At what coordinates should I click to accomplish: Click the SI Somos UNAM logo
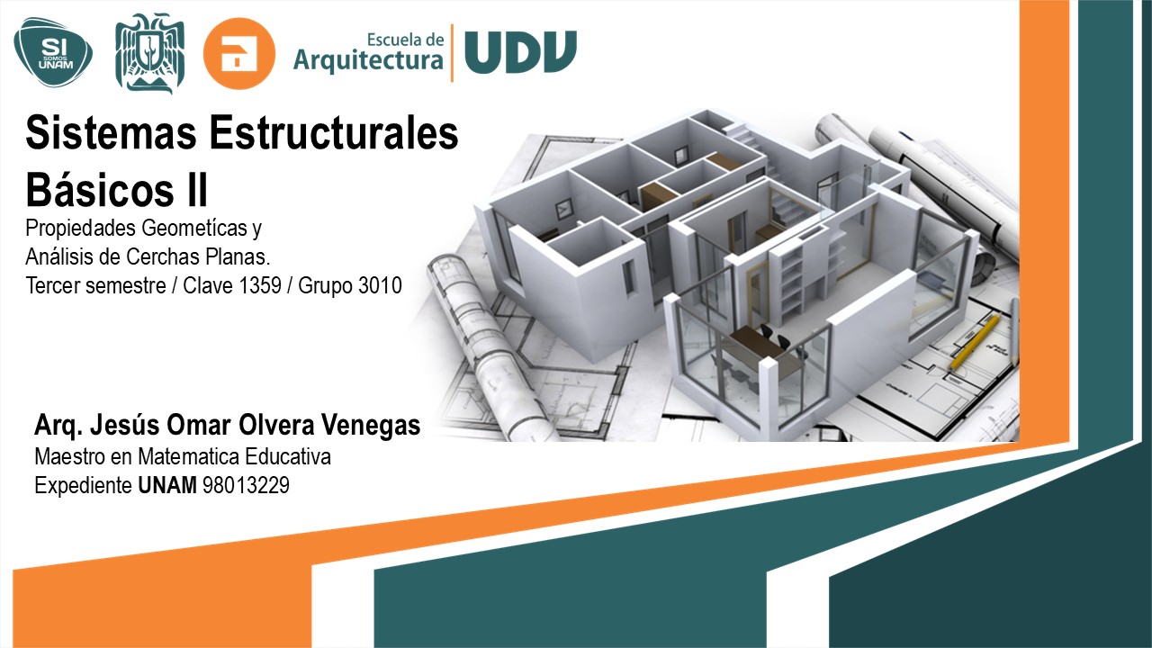pyautogui.click(x=52, y=52)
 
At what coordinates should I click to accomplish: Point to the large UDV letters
pyautogui.click(x=520, y=53)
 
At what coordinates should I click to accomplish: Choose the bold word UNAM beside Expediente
pyautogui.click(x=168, y=486)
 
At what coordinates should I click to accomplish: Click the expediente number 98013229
pyautogui.click(x=246, y=486)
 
